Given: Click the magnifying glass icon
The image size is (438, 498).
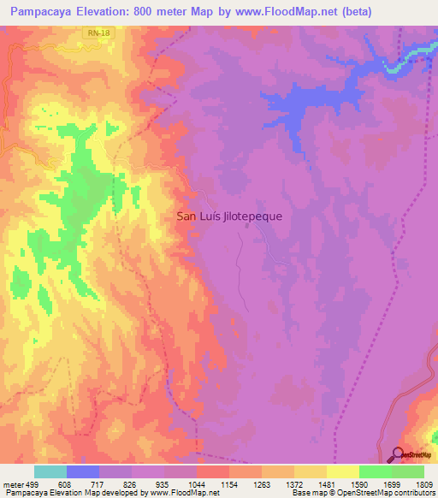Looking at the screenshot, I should [x=399, y=455].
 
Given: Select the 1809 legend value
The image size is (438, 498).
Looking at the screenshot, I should [x=424, y=485].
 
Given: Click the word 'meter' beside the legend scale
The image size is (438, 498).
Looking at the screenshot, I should [x=13, y=485].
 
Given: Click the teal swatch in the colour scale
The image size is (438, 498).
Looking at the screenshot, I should [x=50, y=471].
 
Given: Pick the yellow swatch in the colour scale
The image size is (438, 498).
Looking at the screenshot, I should [x=343, y=471].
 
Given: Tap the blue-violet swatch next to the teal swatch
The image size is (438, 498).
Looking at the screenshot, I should [x=83, y=471].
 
